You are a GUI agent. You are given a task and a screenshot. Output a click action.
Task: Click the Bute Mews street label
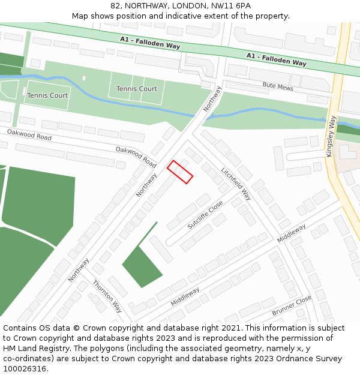pos(278,86)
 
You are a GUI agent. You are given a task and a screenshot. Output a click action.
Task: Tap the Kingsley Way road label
pos(331,136)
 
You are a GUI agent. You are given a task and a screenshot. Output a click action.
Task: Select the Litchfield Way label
pos(236,184)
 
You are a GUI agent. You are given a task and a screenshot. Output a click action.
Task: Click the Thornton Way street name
pos(107,296)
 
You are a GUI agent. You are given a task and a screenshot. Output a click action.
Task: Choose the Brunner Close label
pos(292,305)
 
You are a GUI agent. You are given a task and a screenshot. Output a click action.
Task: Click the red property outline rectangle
pos(179,172)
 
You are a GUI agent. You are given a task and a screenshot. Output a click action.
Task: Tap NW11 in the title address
pos(217,5)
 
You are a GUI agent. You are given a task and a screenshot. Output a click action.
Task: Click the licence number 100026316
pos(25,369)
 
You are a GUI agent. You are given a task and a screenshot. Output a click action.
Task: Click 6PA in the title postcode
pos(242,5)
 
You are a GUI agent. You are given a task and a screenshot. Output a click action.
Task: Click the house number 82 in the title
pos(115,5)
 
